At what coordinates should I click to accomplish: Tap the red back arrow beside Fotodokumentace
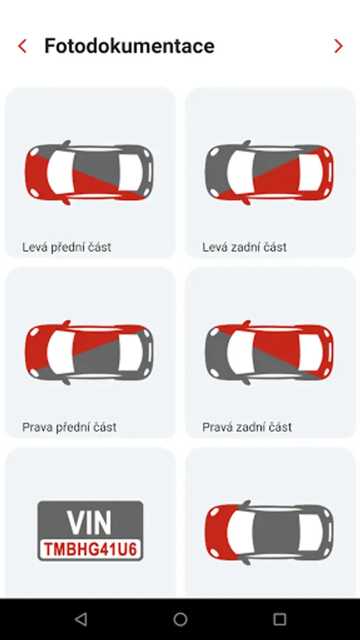[22, 46]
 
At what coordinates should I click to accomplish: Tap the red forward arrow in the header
[338, 46]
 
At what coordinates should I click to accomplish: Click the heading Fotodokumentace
[129, 46]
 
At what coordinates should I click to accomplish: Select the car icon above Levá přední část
[90, 173]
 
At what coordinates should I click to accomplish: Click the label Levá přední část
[67, 247]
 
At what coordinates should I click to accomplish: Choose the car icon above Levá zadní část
[270, 173]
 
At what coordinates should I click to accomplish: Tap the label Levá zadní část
[245, 247]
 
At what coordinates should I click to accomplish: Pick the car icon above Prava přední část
[90, 353]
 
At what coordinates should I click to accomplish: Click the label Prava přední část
[70, 427]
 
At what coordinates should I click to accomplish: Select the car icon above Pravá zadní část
[270, 353]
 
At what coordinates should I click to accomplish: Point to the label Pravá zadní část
[247, 427]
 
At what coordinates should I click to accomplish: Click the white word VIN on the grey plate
[89, 523]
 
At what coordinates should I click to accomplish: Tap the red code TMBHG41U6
[90, 550]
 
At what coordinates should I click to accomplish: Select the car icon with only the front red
[270, 533]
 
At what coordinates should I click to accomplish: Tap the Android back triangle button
[81, 619]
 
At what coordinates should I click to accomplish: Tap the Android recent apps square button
[280, 619]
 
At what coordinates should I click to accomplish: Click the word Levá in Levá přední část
[34, 247]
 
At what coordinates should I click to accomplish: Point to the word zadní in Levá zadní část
[243, 247]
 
